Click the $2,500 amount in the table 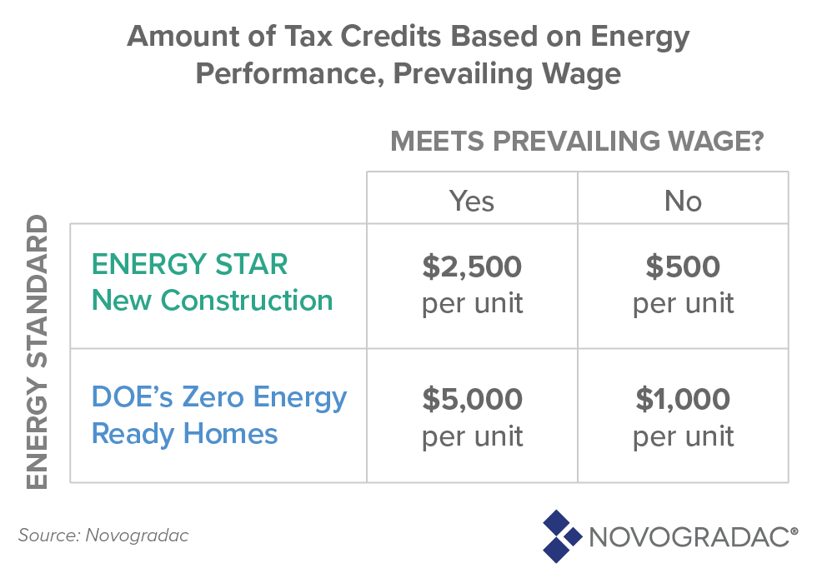pyautogui.click(x=472, y=267)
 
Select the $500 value pyautogui.click(x=683, y=267)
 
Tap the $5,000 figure pyautogui.click(x=472, y=400)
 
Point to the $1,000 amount pyautogui.click(x=683, y=400)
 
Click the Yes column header pyautogui.click(x=472, y=201)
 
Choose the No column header pyautogui.click(x=683, y=201)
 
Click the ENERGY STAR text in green pyautogui.click(x=190, y=264)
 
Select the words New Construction pyautogui.click(x=212, y=301)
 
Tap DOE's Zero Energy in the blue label pyautogui.click(x=218, y=398)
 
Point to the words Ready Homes pyautogui.click(x=184, y=434)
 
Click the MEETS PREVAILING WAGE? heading pyautogui.click(x=577, y=142)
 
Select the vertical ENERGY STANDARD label pyautogui.click(x=37, y=352)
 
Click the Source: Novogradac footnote pyautogui.click(x=103, y=536)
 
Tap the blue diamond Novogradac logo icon pyautogui.click(x=562, y=536)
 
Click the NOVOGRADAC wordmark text pyautogui.click(x=693, y=537)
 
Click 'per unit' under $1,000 pyautogui.click(x=683, y=437)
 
